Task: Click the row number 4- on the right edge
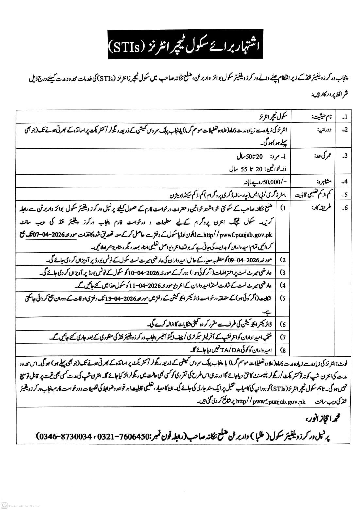[x=344, y=182]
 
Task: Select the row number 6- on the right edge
[x=344, y=208]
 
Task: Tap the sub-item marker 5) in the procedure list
[x=283, y=298]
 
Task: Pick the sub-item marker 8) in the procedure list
[x=283, y=350]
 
